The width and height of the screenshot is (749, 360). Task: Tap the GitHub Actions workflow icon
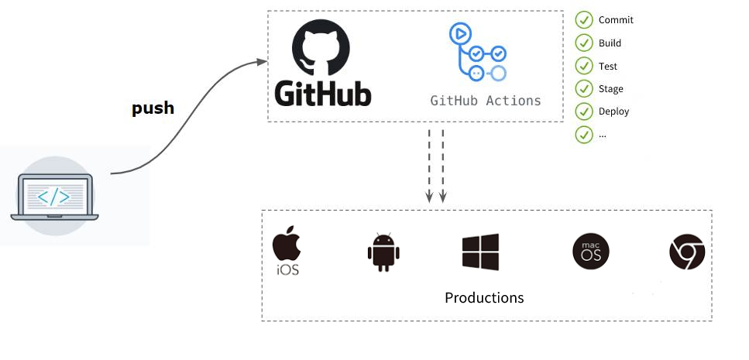pos(476,53)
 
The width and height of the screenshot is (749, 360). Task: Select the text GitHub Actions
pos(486,101)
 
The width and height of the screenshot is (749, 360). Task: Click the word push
pos(153,108)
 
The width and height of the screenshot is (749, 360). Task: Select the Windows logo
pos(480,252)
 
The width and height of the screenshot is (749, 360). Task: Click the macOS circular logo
pos(590,252)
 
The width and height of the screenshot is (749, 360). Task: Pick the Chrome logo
pos(687,252)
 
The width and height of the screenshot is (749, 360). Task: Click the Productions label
pos(484,298)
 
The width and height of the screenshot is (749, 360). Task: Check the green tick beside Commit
pos(583,20)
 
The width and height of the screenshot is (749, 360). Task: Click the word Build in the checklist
pos(610,43)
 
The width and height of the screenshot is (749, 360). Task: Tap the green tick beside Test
pos(583,66)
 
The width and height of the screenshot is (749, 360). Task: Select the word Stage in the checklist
pos(610,89)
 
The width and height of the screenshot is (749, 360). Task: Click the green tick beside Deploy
pos(583,111)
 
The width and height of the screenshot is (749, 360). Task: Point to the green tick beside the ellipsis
pos(583,134)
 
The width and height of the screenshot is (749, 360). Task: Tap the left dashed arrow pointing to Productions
pos(429,166)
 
